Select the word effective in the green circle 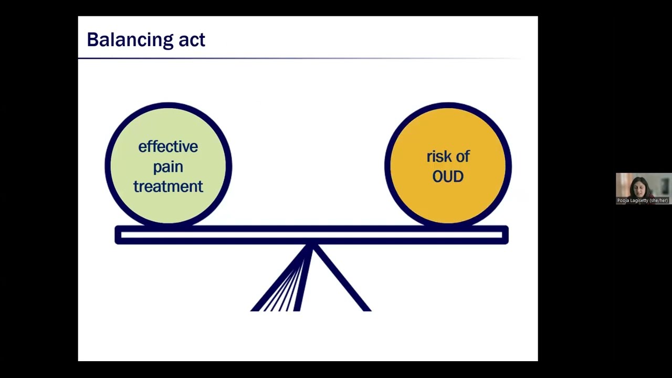(x=168, y=146)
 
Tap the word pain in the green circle (x=168, y=167)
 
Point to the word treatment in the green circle (x=168, y=186)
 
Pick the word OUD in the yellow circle (x=448, y=176)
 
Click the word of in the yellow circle (x=463, y=156)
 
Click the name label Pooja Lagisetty (x=642, y=201)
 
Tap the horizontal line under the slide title (x=299, y=58)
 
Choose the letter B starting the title (x=92, y=40)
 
